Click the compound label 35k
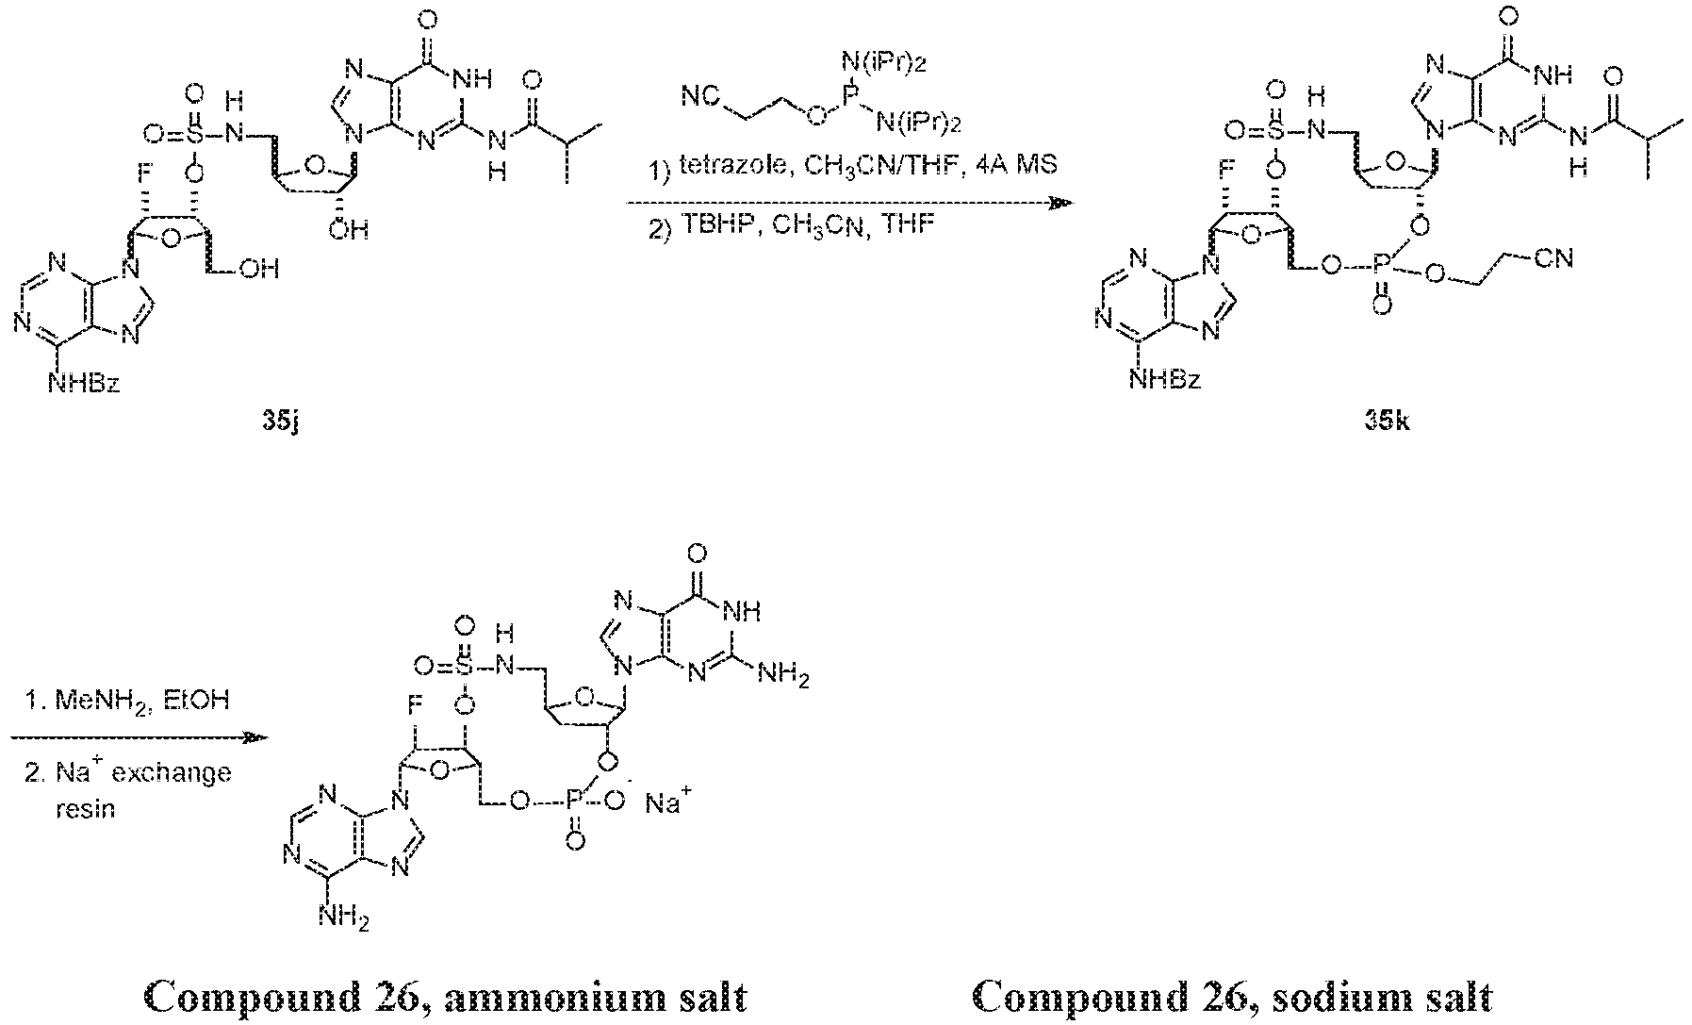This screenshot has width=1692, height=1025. click(x=1388, y=422)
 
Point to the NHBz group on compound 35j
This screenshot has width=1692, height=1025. click(x=85, y=384)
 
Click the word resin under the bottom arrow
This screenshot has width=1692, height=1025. click(x=85, y=808)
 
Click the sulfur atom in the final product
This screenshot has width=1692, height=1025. click(x=463, y=667)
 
